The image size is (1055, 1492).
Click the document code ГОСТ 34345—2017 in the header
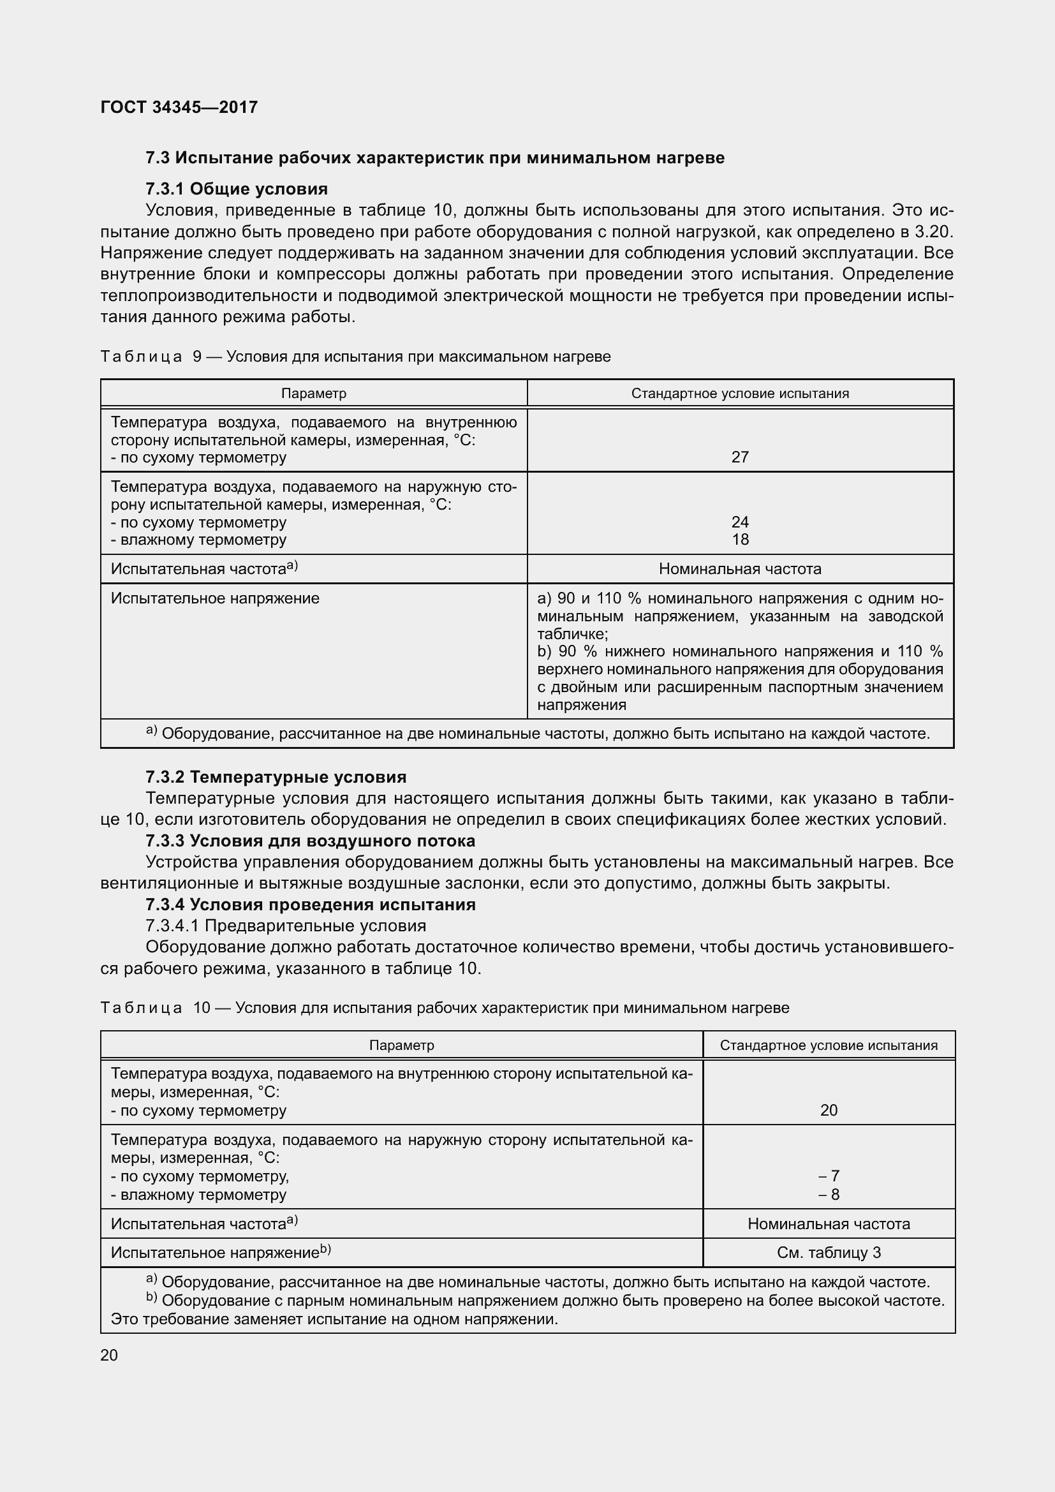[x=179, y=107]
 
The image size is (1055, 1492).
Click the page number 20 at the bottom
[x=109, y=1355]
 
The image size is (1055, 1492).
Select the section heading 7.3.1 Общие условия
[x=237, y=189]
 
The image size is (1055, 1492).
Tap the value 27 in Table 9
[x=740, y=457]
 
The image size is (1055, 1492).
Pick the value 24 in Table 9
[x=740, y=522]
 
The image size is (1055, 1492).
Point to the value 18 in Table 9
[x=740, y=540]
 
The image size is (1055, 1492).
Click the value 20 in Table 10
[x=829, y=1110]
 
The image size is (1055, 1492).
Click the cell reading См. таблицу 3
[x=829, y=1252]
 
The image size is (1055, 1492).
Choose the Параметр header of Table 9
[x=314, y=393]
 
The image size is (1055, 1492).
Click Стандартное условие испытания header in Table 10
[x=829, y=1045]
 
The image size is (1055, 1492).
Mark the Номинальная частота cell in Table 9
[x=740, y=568]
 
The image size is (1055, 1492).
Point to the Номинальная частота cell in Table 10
[x=829, y=1223]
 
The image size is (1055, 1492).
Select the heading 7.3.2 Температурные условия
[x=276, y=776]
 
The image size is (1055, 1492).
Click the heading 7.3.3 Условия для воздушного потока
[x=311, y=840]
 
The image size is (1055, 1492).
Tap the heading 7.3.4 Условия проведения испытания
[x=311, y=904]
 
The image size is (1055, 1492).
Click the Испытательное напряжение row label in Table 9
[x=215, y=598]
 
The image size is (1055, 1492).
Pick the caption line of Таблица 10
[x=445, y=1007]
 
